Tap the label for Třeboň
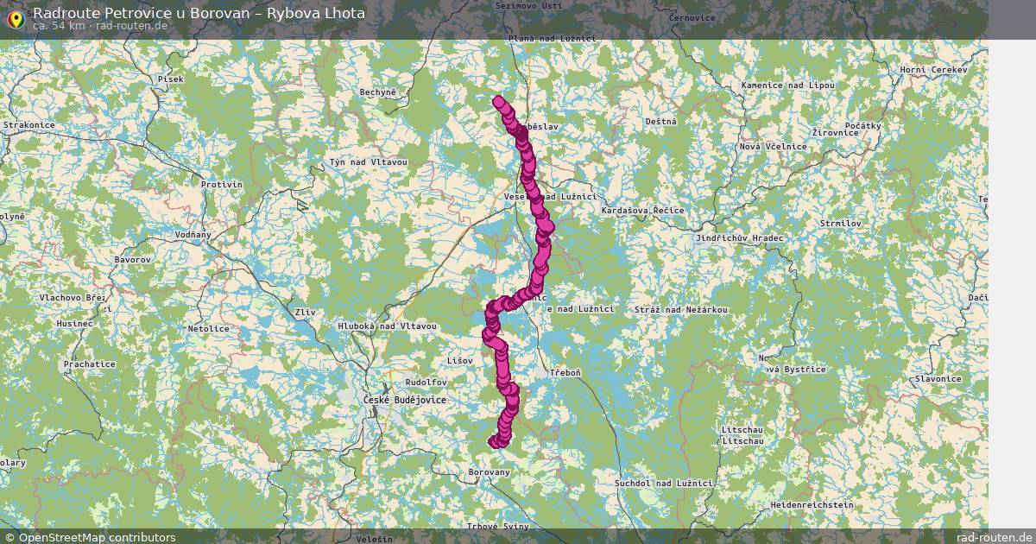[x=565, y=372]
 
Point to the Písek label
[x=171, y=79]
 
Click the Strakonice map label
[x=29, y=125]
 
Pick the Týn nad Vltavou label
[x=368, y=163]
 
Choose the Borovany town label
[x=489, y=472]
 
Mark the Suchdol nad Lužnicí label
[x=663, y=483]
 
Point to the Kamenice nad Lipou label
[x=787, y=85]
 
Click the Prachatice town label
[x=89, y=364]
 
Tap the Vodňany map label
[x=193, y=235]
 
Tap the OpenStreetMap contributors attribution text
[x=97, y=537]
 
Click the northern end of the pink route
[x=498, y=101]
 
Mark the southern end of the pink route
[x=496, y=442]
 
